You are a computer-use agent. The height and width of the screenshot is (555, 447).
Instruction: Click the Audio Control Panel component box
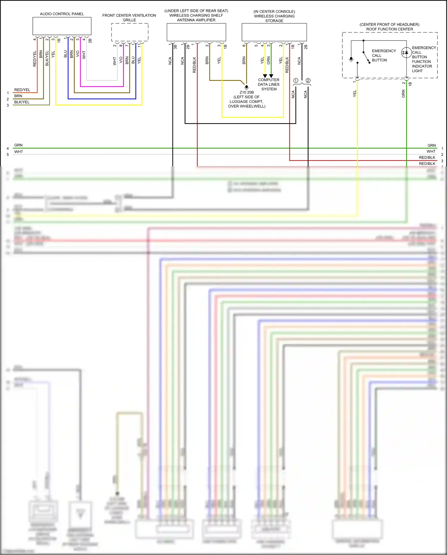(x=62, y=26)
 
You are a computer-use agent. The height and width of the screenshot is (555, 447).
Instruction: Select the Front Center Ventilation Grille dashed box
(x=130, y=32)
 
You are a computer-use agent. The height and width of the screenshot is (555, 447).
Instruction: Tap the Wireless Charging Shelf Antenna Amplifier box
(x=196, y=32)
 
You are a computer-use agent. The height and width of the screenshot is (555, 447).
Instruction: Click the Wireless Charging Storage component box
(x=274, y=32)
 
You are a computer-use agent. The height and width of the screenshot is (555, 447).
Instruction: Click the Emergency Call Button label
(x=384, y=55)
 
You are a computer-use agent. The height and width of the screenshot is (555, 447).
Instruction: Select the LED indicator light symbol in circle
(x=406, y=53)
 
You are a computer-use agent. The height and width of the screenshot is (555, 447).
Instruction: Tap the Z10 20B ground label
(x=247, y=92)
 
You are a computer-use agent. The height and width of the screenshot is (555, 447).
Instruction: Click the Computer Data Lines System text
(x=268, y=84)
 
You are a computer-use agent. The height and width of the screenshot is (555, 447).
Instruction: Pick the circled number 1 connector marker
(x=296, y=81)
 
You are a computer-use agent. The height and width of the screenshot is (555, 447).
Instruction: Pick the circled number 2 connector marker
(x=308, y=81)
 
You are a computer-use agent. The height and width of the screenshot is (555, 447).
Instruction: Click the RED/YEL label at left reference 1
(x=22, y=90)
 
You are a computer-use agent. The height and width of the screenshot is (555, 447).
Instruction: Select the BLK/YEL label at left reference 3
(x=22, y=102)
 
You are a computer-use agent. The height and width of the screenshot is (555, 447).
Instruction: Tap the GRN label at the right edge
(x=432, y=146)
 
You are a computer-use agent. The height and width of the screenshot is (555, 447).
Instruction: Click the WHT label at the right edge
(x=431, y=151)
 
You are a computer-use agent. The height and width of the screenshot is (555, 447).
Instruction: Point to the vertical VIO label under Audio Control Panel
(x=78, y=54)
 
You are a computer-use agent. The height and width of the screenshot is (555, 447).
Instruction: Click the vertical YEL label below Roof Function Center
(x=355, y=94)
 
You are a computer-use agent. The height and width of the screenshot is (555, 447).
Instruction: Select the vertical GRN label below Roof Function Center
(x=403, y=94)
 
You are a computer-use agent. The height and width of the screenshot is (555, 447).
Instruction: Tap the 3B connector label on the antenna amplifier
(x=175, y=47)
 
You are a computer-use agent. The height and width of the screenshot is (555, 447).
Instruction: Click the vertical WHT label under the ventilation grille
(x=115, y=61)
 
